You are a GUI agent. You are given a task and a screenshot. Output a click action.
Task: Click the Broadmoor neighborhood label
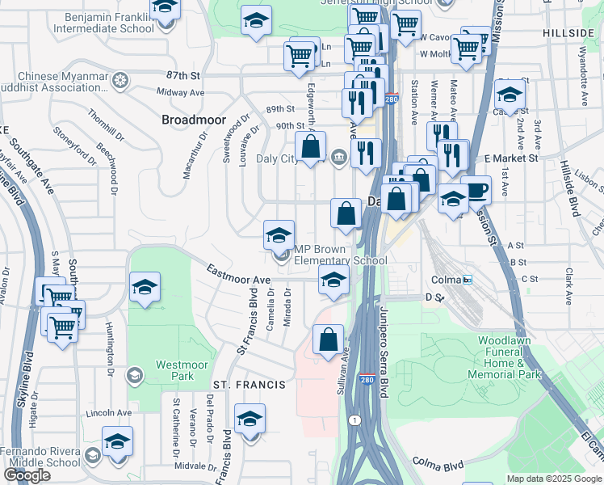click(191, 120)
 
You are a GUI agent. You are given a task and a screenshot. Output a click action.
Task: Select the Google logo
click(27, 475)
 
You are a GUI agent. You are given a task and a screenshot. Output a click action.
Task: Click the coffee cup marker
click(476, 191)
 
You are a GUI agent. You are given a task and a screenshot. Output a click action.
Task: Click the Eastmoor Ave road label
click(237, 274)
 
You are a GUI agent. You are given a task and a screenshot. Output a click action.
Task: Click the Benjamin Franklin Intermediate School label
click(103, 22)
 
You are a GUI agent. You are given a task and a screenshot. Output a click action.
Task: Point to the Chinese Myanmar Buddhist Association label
click(62, 82)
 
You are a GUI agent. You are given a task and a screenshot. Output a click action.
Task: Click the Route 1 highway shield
click(354, 420)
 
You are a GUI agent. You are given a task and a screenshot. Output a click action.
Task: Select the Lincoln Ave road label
click(109, 413)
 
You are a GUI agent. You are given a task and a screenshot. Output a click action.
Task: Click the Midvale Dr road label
click(191, 466)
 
